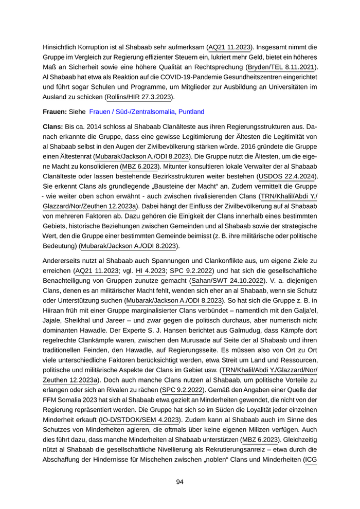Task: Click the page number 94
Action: point(180,482)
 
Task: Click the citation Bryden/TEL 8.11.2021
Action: point(282,67)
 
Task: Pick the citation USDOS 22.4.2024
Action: point(288,176)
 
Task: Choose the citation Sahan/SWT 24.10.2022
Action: point(226,281)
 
